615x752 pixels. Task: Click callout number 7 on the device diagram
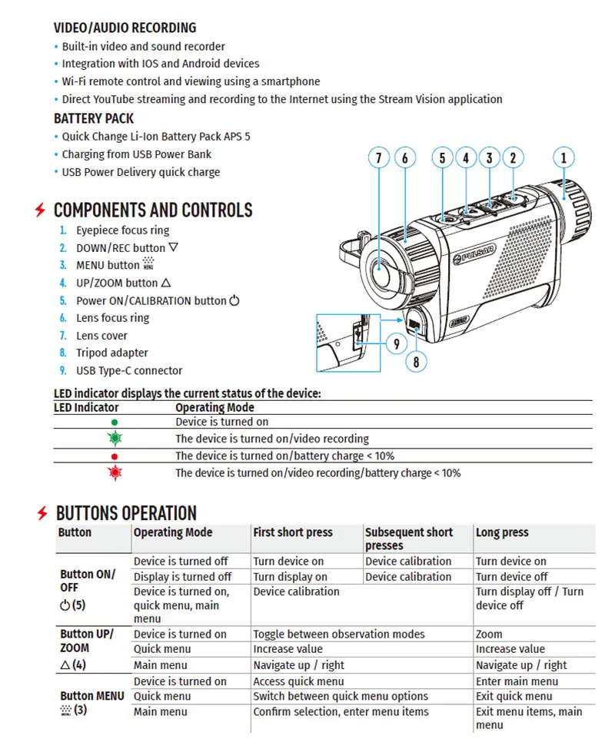(378, 159)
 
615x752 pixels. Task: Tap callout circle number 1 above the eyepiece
(563, 159)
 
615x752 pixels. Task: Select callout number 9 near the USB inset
(396, 343)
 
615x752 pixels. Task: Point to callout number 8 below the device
(416, 361)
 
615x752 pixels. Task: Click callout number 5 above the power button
(442, 159)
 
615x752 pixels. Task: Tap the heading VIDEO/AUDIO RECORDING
(125, 28)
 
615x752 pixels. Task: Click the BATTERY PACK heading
(94, 118)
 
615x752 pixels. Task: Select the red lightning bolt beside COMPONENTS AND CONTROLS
(40, 210)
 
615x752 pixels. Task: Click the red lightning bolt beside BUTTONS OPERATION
(43, 513)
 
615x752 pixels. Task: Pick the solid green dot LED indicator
(115, 422)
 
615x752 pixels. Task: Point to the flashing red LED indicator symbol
(115, 472)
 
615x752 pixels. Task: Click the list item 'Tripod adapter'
(112, 353)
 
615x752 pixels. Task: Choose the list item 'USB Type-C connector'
(129, 370)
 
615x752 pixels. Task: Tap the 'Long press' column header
(502, 532)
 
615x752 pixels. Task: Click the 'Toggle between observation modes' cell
(339, 634)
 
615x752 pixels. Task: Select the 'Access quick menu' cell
(298, 681)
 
